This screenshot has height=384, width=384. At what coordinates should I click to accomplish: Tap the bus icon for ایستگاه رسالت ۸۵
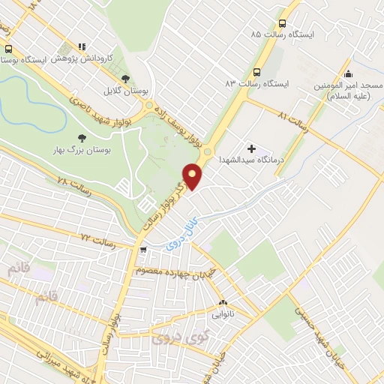pyautogui.click(x=282, y=23)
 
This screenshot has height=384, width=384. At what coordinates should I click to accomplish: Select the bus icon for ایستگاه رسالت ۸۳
pyautogui.click(x=257, y=72)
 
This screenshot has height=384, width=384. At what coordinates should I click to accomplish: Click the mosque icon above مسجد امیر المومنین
pyautogui.click(x=348, y=73)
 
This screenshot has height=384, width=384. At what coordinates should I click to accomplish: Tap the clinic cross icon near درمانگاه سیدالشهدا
pyautogui.click(x=251, y=149)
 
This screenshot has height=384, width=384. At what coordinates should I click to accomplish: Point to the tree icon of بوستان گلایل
pyautogui.click(x=125, y=78)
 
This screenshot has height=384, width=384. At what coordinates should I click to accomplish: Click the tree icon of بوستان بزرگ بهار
pyautogui.click(x=82, y=138)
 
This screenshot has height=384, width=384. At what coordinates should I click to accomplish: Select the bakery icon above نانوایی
pyautogui.click(x=223, y=303)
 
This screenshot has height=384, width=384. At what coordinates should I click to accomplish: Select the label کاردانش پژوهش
pyautogui.click(x=86, y=57)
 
